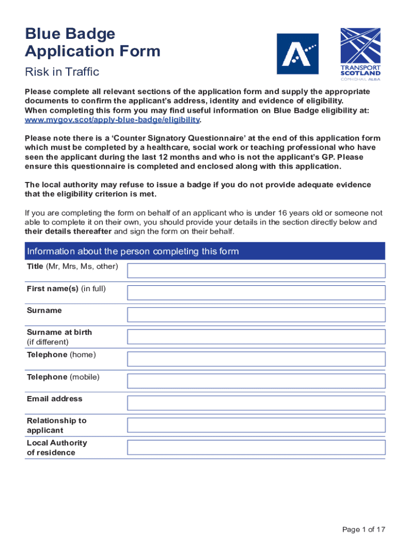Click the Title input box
[x=256, y=270]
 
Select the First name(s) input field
[x=256, y=292]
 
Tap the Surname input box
[x=256, y=314]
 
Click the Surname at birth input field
[x=256, y=336]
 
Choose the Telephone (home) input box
[x=256, y=358]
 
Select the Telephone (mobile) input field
[x=256, y=381]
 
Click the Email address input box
[x=256, y=402]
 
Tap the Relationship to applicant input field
[x=256, y=425]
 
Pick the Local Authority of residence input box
[x=256, y=447]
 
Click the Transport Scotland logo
[x=360, y=54]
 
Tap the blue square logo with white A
[x=297, y=54]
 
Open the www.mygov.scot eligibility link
[x=112, y=120]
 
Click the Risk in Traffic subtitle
[x=62, y=72]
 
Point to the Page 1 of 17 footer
[x=364, y=529]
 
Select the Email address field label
[x=54, y=399]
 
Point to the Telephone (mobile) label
[x=63, y=377]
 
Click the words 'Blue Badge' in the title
[x=70, y=34]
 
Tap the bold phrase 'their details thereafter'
[x=68, y=232]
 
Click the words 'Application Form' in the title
[x=92, y=52]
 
